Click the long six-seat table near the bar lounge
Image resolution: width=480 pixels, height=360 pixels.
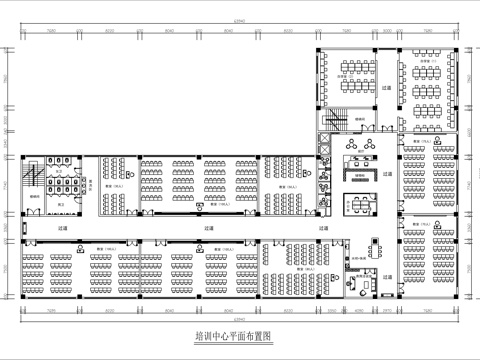click(x=360, y=205)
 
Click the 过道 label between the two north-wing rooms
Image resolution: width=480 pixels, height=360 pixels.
click(x=387, y=88)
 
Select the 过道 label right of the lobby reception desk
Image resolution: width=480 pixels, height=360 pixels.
click(x=390, y=172)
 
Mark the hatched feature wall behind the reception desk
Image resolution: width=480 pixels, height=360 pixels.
click(x=359, y=173)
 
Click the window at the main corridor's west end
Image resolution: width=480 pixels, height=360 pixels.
click(x=20, y=228)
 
